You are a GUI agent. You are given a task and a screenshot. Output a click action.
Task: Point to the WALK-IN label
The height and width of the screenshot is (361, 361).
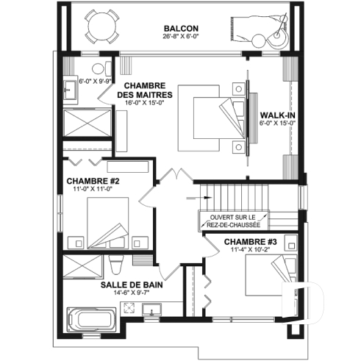point(278,115)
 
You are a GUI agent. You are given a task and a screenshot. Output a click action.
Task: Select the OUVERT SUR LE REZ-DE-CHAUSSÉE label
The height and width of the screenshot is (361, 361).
point(232,221)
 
